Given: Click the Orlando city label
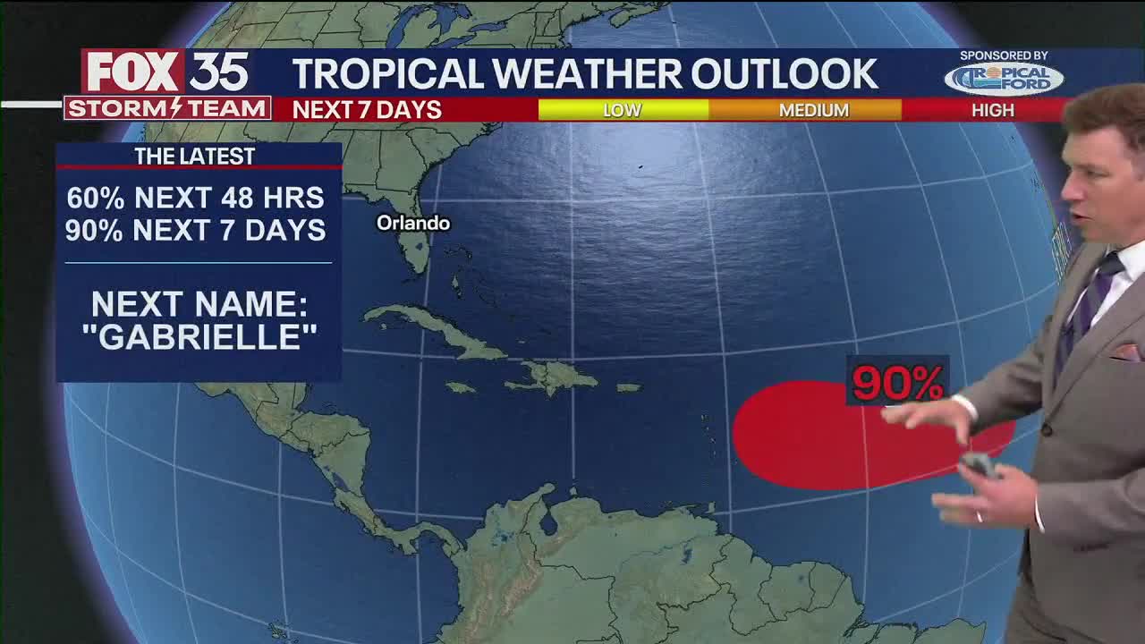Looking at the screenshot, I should coord(412,223).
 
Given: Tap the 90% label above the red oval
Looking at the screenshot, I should coord(897,382).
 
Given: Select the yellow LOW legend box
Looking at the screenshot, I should coord(623,110).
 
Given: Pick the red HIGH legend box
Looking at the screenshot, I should coord(988,110).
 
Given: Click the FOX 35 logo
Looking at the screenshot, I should coord(166,72).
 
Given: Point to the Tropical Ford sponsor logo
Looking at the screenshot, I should coord(1004,78).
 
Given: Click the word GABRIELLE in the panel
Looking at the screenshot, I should coord(199,338).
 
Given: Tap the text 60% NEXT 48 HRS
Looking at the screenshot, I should coord(195,198).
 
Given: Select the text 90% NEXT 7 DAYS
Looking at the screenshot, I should coord(195,230).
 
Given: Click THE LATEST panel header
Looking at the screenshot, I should coord(195,157).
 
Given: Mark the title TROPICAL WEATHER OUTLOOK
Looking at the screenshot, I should coord(585,74).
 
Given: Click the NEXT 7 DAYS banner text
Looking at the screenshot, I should coord(367,110).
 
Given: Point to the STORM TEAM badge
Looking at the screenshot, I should coord(166,108).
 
